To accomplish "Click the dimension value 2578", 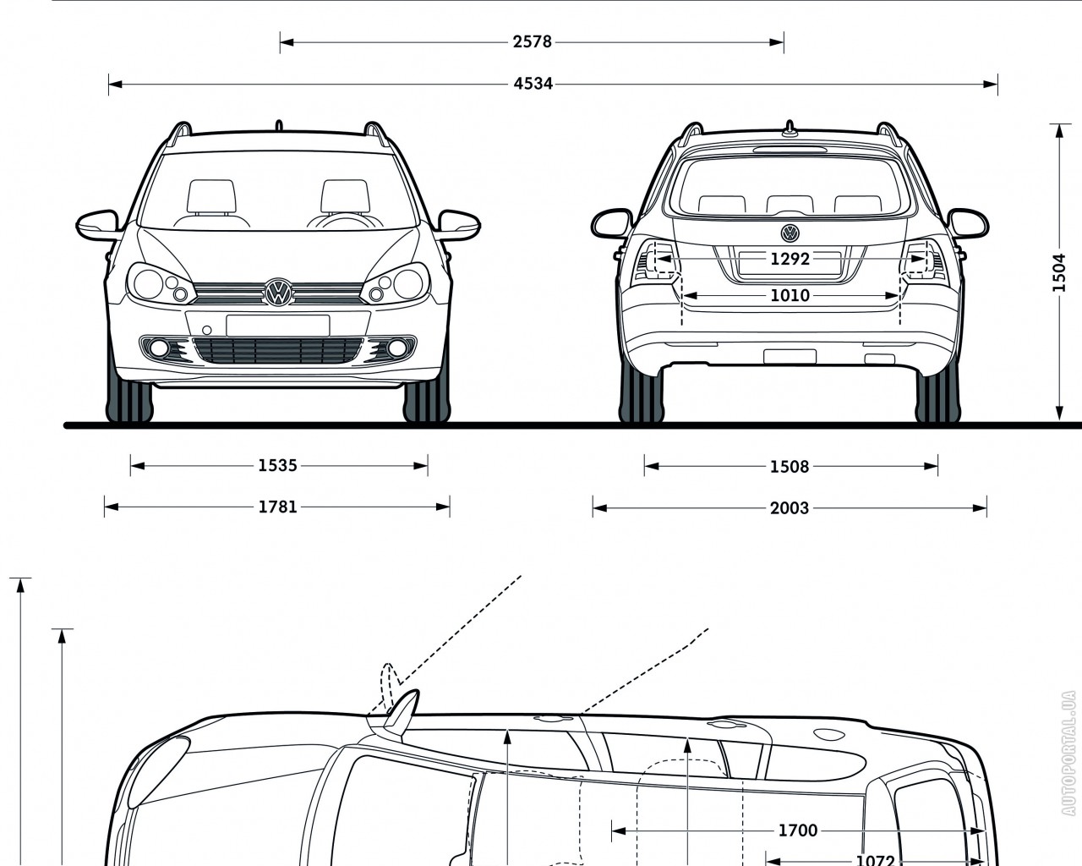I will pos(532,41).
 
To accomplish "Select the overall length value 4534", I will pos(532,83).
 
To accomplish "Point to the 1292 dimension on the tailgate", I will pos(790,259).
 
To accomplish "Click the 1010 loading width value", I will pos(790,295).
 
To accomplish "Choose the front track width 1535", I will pos(277,465).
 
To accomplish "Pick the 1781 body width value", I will pos(277,507).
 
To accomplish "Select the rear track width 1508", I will pos(790,466).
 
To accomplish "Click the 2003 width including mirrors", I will pos(790,508).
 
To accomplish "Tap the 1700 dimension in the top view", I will pos(797,830).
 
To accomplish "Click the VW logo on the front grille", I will pos(277,293).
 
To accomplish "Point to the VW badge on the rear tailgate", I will pos(790,233).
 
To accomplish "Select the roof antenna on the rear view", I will pos(790,129).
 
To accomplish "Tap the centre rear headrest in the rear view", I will pos(790,204).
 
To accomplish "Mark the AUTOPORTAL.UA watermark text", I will pos(1069,753).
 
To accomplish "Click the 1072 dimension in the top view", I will pos(875,859).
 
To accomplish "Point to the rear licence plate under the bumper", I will pos(790,356).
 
